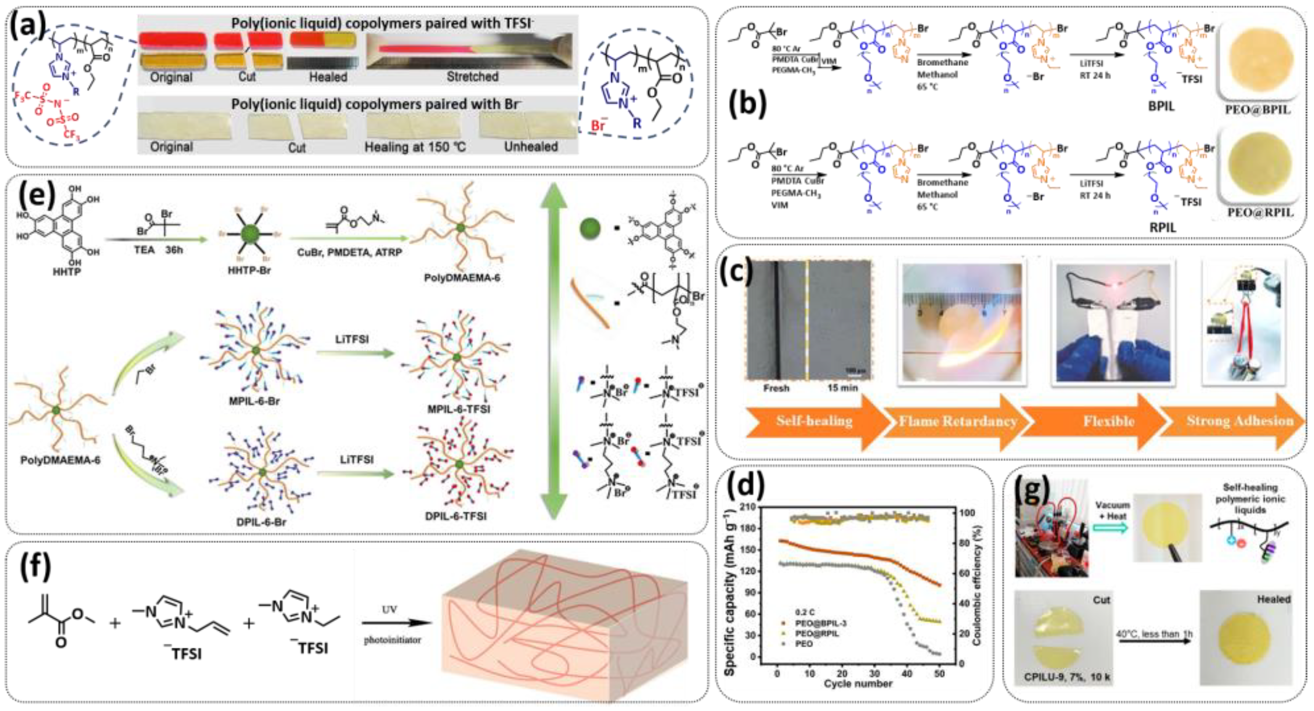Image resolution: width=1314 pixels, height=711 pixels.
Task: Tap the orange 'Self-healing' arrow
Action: tap(814, 421)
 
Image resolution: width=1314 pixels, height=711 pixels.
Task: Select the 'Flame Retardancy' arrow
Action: tap(957, 421)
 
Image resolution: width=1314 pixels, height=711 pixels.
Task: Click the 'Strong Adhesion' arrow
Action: tap(1239, 421)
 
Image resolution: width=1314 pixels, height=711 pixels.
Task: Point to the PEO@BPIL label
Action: tap(1257, 110)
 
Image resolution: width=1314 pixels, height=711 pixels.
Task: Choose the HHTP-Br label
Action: tap(249, 270)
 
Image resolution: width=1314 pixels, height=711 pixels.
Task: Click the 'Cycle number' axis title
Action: tap(858, 683)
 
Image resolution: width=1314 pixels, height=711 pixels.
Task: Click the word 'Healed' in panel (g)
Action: tap(1273, 599)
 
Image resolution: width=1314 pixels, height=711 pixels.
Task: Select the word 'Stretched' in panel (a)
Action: tap(473, 76)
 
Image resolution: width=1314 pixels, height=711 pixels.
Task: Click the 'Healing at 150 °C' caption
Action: tap(415, 147)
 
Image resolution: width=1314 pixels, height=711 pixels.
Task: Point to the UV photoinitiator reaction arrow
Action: tap(396, 623)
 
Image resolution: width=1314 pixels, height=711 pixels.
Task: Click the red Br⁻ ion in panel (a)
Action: tap(598, 124)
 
